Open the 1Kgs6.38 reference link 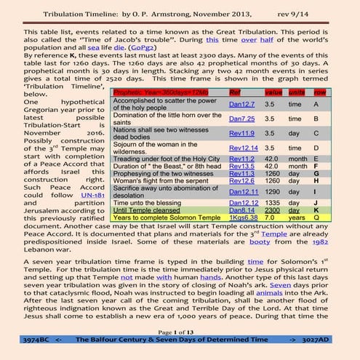[244, 237]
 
